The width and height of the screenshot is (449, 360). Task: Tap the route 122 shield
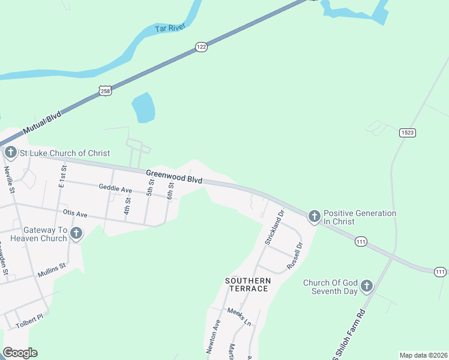point(201,47)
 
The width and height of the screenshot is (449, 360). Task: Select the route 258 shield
point(106,91)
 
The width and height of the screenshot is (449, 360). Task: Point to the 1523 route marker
point(407,133)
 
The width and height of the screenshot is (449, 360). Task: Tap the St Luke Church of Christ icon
point(10,153)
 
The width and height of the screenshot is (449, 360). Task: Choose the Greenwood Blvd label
point(174,176)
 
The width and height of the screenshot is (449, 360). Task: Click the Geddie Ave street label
point(116,189)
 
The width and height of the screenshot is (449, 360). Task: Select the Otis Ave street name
point(75,214)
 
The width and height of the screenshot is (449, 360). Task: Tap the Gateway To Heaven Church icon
point(76,234)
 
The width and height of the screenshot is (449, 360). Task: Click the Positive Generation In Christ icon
point(314,217)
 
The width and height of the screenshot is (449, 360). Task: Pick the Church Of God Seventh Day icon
point(367,287)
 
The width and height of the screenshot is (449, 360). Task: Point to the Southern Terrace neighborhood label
point(247,284)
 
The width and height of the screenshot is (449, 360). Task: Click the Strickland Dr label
point(273,227)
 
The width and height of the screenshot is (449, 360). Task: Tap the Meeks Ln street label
point(239,316)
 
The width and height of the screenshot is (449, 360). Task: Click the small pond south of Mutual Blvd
point(143,107)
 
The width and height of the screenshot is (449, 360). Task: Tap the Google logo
point(20,353)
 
